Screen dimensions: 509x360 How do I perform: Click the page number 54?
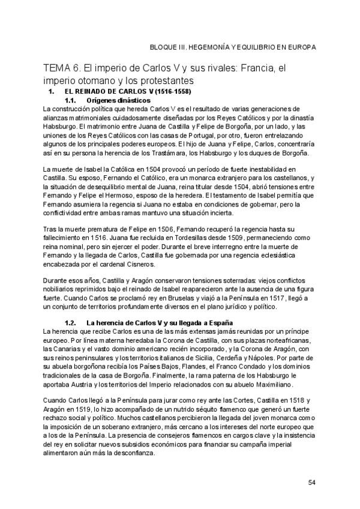click(311, 482)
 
